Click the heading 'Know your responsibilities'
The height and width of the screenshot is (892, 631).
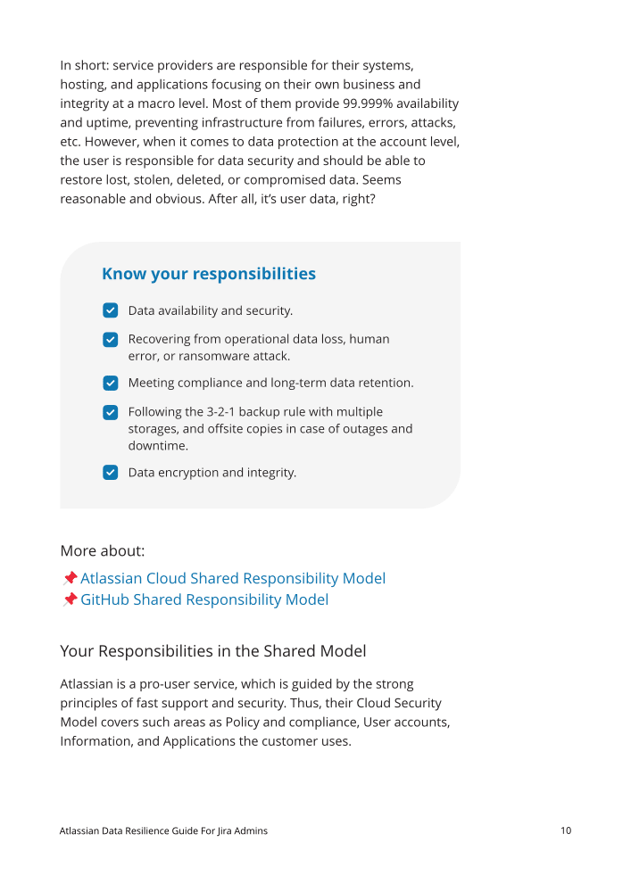pos(209,274)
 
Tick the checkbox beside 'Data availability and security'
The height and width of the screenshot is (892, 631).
pos(111,310)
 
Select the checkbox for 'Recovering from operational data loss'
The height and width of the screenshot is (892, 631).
pos(111,339)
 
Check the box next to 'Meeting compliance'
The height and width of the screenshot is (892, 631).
pos(111,383)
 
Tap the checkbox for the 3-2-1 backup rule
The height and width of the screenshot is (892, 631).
pos(111,412)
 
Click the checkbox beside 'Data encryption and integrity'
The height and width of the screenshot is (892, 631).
pos(111,472)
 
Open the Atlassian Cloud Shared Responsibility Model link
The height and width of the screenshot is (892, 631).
pos(233,578)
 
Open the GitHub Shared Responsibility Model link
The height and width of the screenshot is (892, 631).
pos(204,599)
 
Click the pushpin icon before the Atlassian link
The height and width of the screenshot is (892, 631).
pos(70,578)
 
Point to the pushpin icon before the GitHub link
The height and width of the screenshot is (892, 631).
pos(70,599)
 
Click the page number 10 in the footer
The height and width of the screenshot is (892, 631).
pos(566,830)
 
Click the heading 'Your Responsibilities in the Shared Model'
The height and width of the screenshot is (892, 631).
pos(213,651)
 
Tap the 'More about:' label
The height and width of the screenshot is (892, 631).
pos(103,550)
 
